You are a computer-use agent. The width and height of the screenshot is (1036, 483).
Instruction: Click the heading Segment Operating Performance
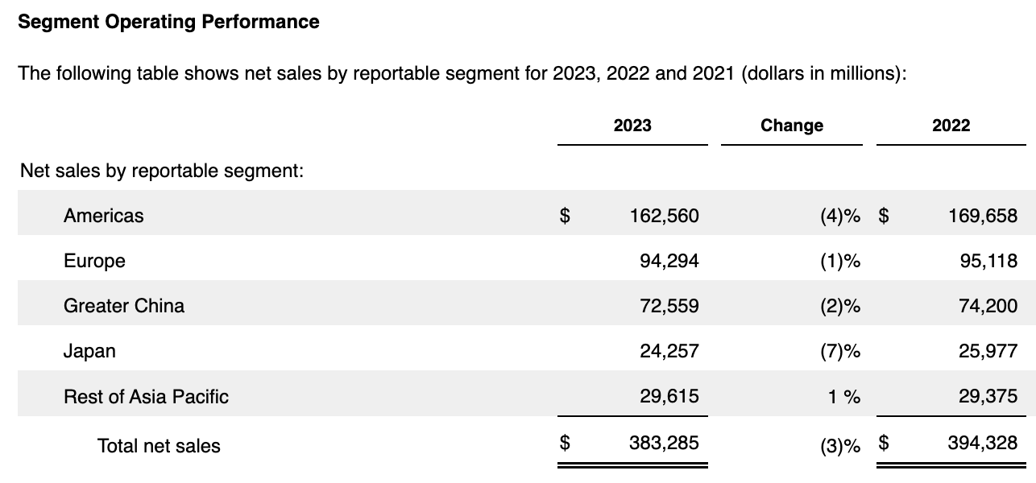click(168, 22)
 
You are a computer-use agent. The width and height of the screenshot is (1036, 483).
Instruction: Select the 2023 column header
click(632, 126)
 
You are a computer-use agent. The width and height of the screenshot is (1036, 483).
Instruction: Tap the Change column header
click(791, 126)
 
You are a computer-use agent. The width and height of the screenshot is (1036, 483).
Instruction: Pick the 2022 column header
click(951, 126)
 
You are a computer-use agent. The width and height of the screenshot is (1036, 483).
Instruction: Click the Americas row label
click(104, 216)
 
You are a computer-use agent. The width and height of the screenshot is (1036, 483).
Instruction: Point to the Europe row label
click(94, 261)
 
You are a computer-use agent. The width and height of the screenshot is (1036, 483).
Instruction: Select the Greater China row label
click(124, 306)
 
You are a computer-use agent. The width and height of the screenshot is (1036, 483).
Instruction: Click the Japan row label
click(89, 351)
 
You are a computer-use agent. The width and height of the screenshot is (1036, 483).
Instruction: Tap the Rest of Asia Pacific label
click(146, 396)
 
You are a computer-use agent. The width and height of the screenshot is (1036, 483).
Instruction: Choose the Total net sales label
click(159, 445)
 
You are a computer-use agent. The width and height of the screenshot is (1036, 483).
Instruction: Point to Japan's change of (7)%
click(839, 351)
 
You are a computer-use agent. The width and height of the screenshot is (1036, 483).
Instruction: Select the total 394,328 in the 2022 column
click(983, 443)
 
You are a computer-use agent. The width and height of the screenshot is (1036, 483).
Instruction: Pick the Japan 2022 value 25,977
click(988, 351)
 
